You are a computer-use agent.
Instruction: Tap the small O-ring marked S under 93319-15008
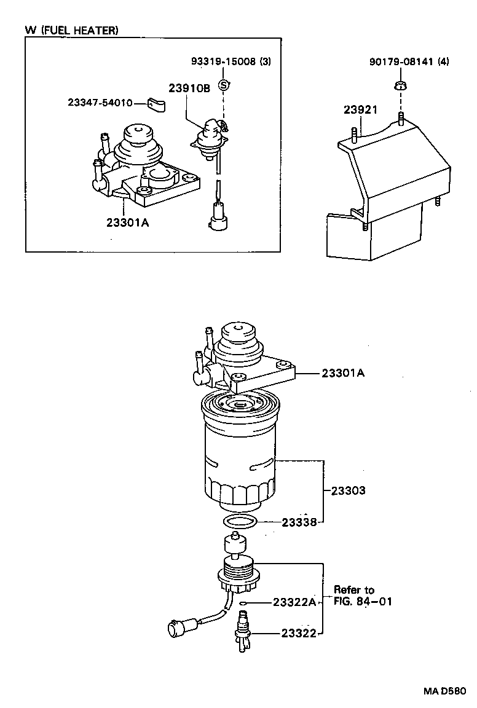pyautogui.click(x=224, y=84)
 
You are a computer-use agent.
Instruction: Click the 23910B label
pyautogui.click(x=189, y=88)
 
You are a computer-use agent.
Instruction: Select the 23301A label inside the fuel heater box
pyautogui.click(x=127, y=222)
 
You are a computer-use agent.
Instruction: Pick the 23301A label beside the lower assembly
pyautogui.click(x=342, y=372)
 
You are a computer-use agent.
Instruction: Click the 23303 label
pyautogui.click(x=348, y=490)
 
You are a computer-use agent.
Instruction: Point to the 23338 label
pyautogui.click(x=299, y=522)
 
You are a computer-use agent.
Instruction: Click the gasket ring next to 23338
pyautogui.click(x=240, y=522)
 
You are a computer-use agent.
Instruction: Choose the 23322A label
pyautogui.click(x=294, y=602)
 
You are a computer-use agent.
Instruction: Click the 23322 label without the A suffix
pyautogui.click(x=299, y=632)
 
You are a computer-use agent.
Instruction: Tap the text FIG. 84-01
pyautogui.click(x=363, y=601)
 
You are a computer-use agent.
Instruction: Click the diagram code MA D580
pyautogui.click(x=448, y=691)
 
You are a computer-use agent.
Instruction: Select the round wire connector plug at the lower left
pyautogui.click(x=175, y=629)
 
